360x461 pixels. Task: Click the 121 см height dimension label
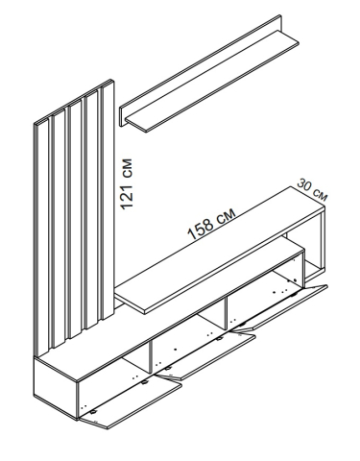tap(126, 183)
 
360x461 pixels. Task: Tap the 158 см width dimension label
tap(211, 223)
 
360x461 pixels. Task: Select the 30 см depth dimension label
tap(312, 190)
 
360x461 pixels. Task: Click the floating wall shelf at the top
tap(212, 81)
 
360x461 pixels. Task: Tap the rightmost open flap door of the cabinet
tap(279, 306)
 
